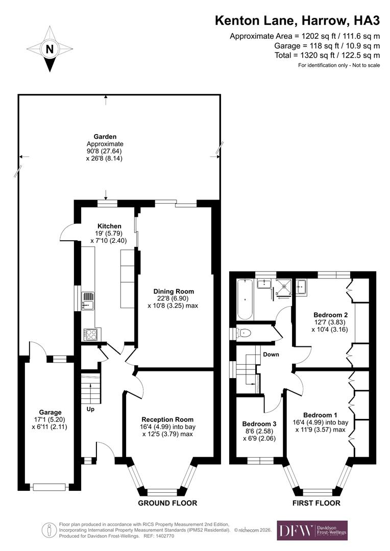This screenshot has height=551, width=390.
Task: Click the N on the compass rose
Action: tap(50, 49)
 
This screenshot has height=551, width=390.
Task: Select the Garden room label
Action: tap(105, 137)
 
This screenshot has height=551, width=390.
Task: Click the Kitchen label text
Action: tap(109, 226)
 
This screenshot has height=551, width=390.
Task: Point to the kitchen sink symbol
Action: tap(88, 300)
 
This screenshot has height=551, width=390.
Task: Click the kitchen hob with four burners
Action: tap(90, 334)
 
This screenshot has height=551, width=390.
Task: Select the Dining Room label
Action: tap(174, 291)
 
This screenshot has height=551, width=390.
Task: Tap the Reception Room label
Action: tap(168, 419)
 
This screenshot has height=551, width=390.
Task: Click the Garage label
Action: tap(50, 412)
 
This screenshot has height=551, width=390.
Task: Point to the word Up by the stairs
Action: tap(90, 409)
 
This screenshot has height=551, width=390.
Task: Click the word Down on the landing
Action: tap(271, 354)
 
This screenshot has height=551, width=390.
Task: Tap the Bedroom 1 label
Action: tap(320, 414)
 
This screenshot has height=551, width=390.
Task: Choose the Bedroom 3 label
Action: tap(259, 424)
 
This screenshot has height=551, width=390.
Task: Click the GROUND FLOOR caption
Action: tap(167, 503)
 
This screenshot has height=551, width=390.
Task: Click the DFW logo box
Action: tap(312, 531)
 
